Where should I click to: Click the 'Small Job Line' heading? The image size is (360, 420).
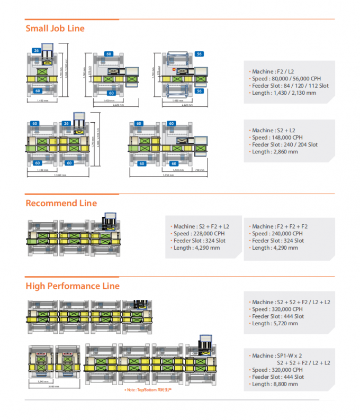click(x=55, y=29)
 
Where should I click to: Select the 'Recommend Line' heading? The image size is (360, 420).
click(x=61, y=203)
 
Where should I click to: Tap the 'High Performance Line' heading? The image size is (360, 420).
click(x=73, y=286)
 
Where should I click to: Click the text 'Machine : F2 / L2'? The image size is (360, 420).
click(x=274, y=71)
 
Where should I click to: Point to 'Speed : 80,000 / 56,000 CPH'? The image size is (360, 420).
click(x=286, y=79)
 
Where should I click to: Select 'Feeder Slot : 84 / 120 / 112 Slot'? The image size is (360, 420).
click(x=290, y=86)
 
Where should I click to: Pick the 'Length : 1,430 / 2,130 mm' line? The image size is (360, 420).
click(x=284, y=93)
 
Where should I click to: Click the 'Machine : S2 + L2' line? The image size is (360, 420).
click(x=273, y=130)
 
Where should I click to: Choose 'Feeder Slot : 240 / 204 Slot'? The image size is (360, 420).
click(x=284, y=144)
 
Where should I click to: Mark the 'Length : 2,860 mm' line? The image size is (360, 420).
click(x=274, y=152)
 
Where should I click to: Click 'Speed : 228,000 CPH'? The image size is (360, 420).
click(x=199, y=233)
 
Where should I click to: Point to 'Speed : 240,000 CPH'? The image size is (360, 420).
click(x=277, y=233)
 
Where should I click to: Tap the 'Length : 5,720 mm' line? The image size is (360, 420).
click(x=274, y=323)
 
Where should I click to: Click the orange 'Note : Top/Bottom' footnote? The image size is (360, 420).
click(x=148, y=390)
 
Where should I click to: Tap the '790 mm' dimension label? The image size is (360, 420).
click(x=199, y=170)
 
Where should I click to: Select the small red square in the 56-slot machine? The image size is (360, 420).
click(x=173, y=69)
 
